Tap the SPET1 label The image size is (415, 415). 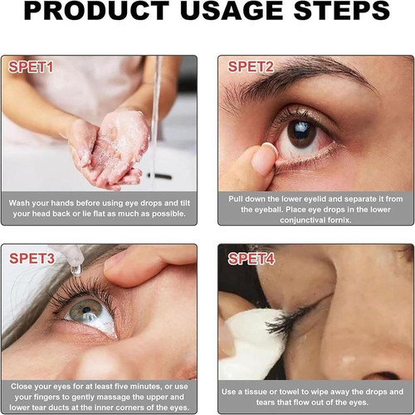point(32,66)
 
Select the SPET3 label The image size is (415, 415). point(32,256)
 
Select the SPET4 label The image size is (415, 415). point(251,258)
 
